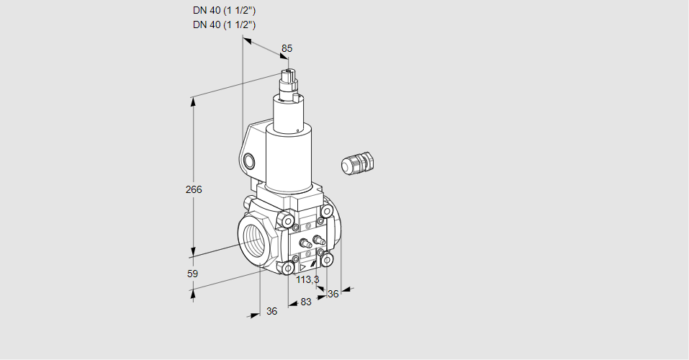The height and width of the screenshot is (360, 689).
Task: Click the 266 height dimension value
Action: click(x=194, y=189)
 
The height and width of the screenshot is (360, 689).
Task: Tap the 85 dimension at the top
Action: click(x=287, y=48)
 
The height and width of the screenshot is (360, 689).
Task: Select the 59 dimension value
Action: click(x=192, y=274)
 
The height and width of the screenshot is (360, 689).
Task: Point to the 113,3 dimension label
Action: click(x=307, y=279)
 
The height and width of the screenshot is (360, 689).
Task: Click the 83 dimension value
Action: click(x=306, y=302)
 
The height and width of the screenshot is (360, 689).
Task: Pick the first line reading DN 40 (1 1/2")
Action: click(x=224, y=11)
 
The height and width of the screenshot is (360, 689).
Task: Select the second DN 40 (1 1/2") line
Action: click(x=224, y=24)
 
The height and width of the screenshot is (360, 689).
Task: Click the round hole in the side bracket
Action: click(x=249, y=161)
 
